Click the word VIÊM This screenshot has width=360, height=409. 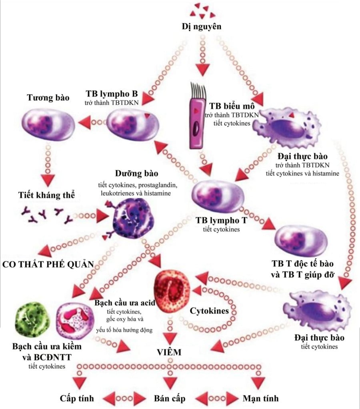[169, 352]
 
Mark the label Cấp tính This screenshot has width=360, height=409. [77, 398]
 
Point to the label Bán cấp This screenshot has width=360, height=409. [170, 398]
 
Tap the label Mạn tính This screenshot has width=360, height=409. [260, 398]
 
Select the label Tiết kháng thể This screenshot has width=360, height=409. [46, 195]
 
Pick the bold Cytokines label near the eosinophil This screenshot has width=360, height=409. [209, 311]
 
